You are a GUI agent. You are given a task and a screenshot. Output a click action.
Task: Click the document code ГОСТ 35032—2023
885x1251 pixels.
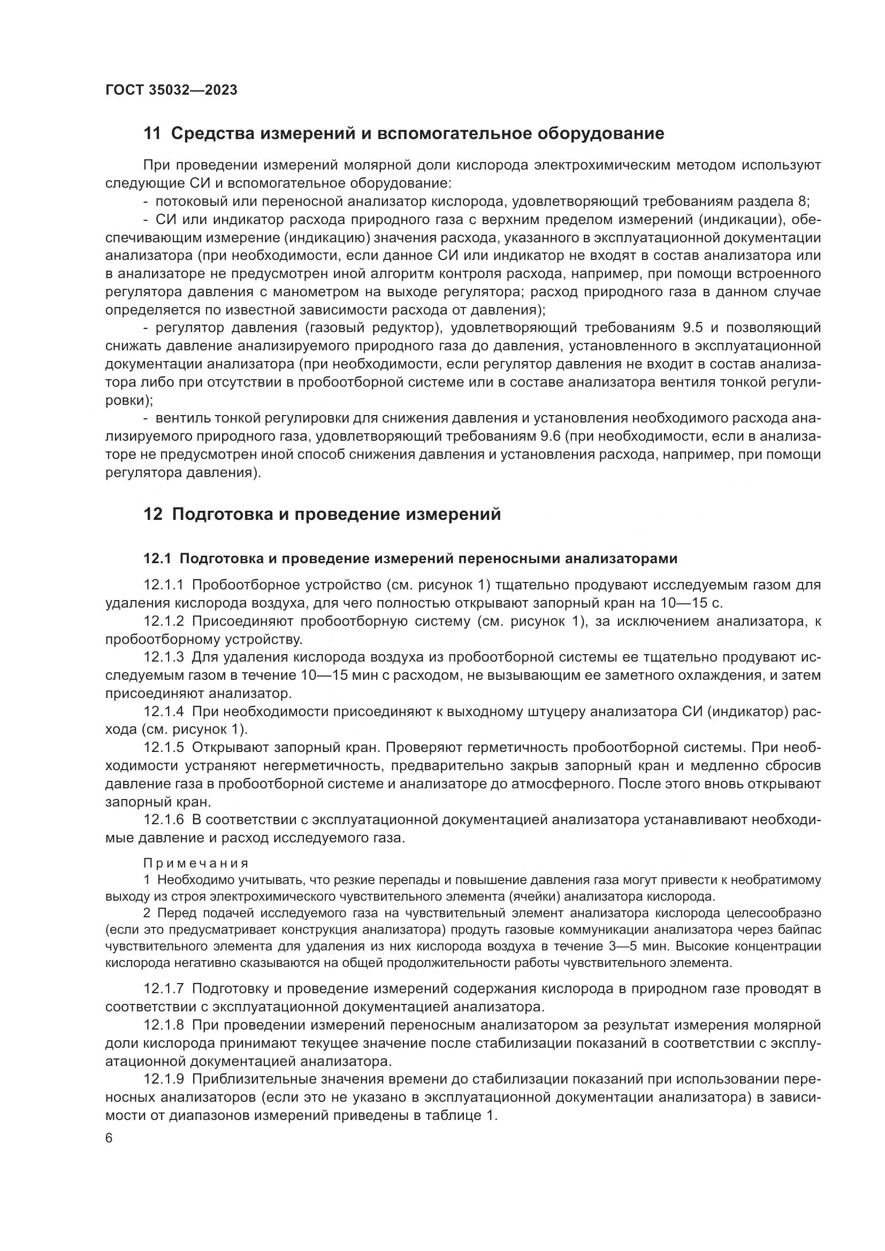click(171, 90)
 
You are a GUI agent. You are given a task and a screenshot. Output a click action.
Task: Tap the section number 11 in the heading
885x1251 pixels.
click(152, 134)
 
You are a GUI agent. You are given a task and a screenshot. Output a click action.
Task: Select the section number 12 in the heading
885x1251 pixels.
click(152, 514)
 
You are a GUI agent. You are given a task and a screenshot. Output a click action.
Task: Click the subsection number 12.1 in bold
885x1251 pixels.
click(157, 558)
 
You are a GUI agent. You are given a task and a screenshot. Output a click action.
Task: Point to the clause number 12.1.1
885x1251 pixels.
click(164, 585)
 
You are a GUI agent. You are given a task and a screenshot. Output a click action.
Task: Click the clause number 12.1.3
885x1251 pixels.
click(164, 657)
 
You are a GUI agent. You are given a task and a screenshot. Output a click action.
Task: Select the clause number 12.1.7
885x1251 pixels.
click(164, 988)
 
